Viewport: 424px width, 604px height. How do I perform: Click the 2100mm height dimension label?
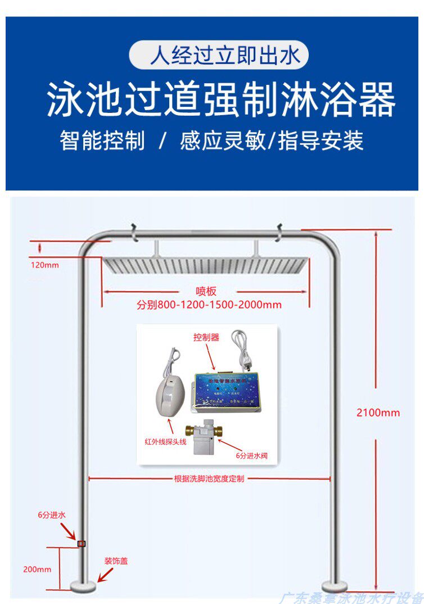[x=378, y=413]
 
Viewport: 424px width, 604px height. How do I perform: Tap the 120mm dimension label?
[x=44, y=265]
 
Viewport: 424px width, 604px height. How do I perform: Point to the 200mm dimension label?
[x=37, y=569]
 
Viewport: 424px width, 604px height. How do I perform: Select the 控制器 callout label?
[x=206, y=338]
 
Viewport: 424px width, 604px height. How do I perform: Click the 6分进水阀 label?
[x=251, y=456]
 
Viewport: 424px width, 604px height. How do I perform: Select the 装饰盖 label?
[x=116, y=561]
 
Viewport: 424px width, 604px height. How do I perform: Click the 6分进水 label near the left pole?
[x=52, y=515]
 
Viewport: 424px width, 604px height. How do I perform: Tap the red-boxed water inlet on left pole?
[x=82, y=543]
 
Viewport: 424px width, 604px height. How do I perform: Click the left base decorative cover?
[x=83, y=587]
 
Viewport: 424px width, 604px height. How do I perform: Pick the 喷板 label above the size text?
[x=206, y=291]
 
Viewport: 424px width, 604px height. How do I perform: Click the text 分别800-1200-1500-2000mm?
[x=209, y=305]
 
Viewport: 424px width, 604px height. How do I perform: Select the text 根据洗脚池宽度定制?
[x=209, y=479]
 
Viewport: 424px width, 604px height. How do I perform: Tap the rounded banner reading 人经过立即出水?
[x=219, y=55]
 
